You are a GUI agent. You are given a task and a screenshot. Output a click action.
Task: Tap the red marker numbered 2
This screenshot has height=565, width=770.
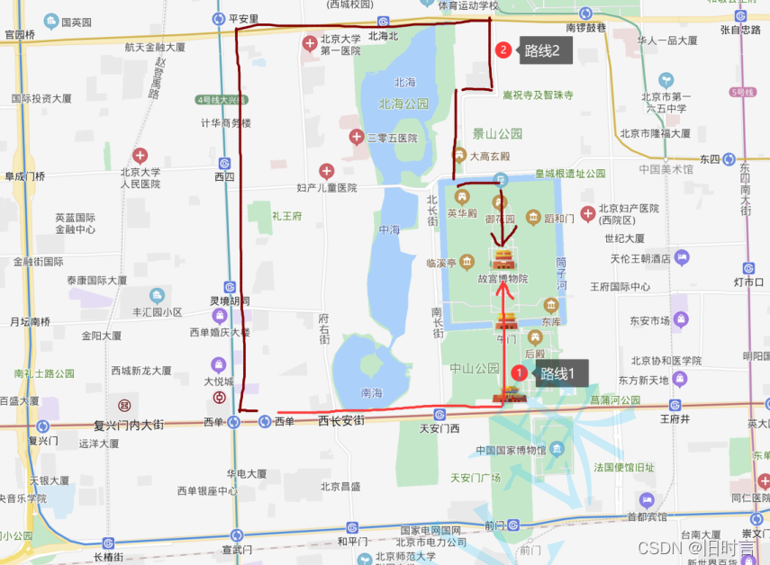[503, 50]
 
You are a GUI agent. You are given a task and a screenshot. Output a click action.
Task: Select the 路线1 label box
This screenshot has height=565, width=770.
[562, 372]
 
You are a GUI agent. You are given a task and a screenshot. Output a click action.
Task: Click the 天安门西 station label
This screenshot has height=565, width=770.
[439, 428]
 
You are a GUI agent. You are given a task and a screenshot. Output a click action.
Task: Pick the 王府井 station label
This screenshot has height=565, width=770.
[674, 418]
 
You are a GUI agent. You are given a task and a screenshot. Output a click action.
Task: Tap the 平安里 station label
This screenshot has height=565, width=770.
[243, 18]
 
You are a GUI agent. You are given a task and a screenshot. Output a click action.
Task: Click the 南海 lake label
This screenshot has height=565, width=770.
[371, 392]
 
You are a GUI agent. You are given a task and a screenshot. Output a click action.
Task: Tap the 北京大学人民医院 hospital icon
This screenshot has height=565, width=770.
[140, 156]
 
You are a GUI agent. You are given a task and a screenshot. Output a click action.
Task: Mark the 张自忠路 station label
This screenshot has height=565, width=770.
[740, 30]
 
